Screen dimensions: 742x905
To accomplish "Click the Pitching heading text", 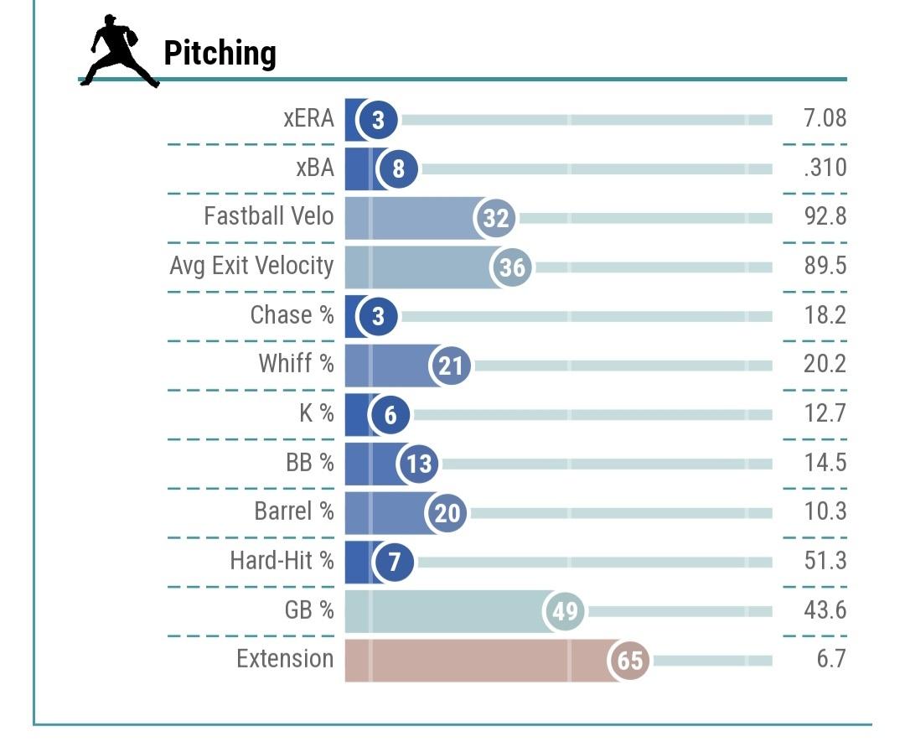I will coord(220,54).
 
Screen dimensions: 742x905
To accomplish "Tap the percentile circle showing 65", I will coord(630,660).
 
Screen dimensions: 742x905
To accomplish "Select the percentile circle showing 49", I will coord(566,611).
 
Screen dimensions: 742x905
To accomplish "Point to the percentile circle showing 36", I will coord(512,267).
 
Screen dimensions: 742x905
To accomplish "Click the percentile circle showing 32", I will coord(496,218).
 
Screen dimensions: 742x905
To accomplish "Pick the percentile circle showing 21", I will coord(451,366).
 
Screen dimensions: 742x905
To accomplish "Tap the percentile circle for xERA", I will coord(378,120).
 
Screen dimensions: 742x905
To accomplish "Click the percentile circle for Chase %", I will coord(378,316).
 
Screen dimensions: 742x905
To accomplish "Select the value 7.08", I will coord(825,118).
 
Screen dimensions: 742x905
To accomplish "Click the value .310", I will coord(825,168).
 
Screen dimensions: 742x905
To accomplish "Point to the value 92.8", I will coord(825,216).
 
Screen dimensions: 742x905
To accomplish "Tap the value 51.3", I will coord(825,560).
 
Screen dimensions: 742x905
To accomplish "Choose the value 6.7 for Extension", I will coord(831,658).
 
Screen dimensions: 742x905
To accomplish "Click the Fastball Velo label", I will coord(268,216).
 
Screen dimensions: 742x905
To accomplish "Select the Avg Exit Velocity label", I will coord(251,266).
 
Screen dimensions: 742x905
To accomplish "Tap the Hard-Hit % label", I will coord(282,560).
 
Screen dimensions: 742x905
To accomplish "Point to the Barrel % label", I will coord(293,511).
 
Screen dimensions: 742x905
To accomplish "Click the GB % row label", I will coord(308,610).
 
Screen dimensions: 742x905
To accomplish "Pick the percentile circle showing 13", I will coord(419,464).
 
